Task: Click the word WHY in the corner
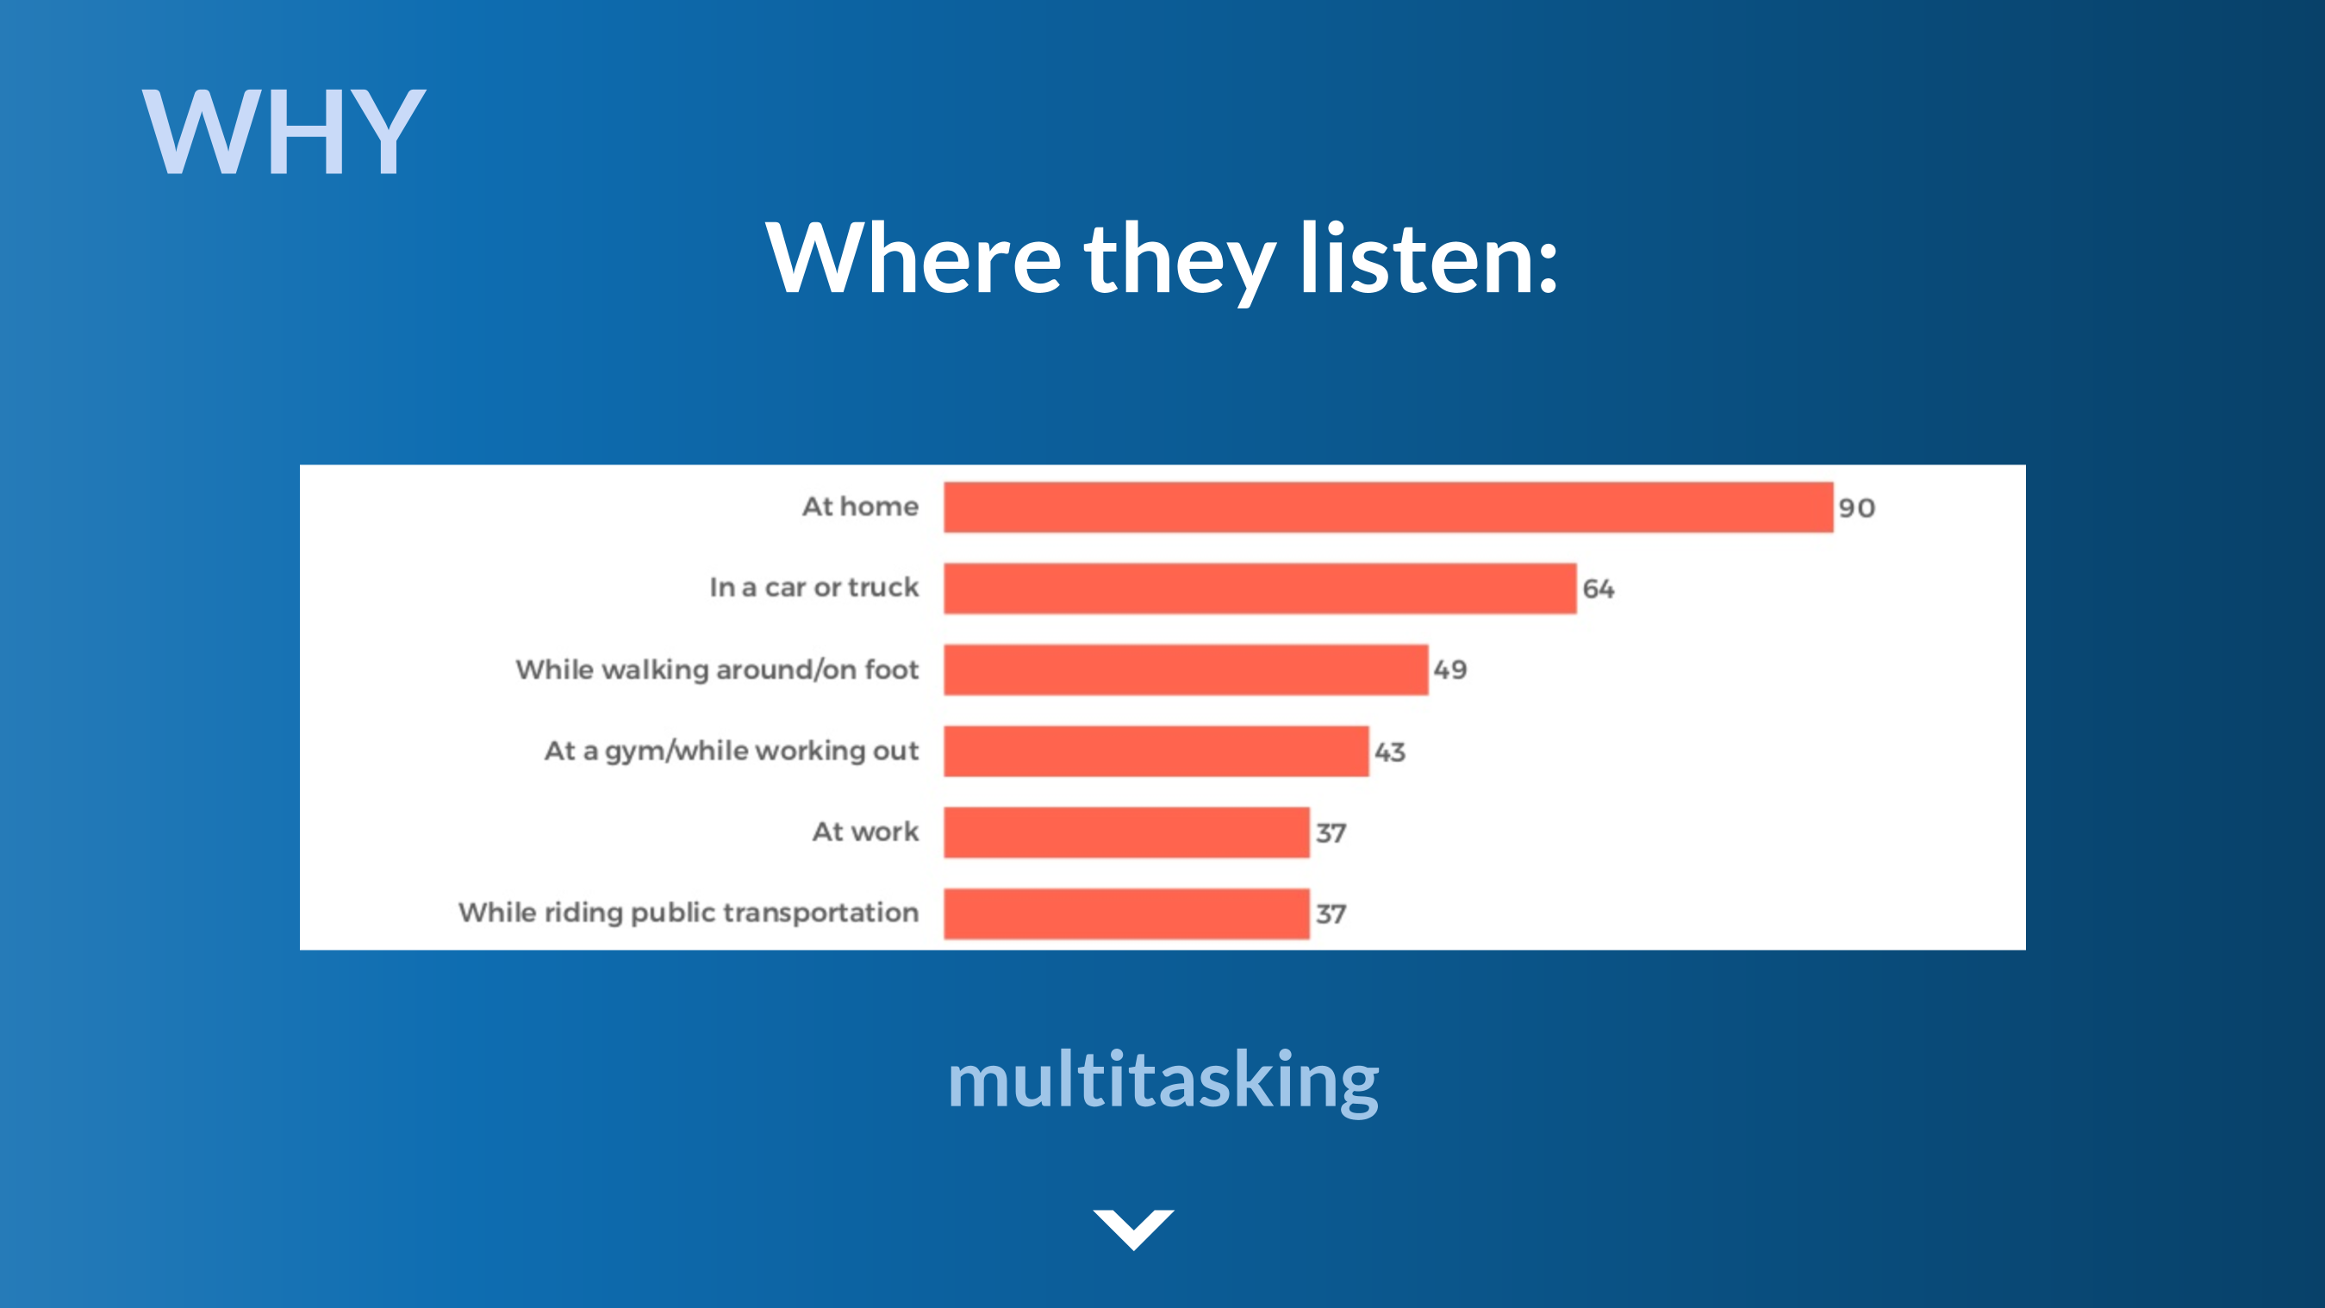(284, 132)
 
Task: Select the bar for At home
(1388, 508)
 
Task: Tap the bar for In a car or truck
(1260, 589)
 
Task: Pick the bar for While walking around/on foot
(1186, 670)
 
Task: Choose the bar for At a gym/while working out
(1156, 751)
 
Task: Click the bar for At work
(1126, 832)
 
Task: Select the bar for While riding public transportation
(1126, 913)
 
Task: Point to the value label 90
(1856, 508)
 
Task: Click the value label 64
(1599, 589)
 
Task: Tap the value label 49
(1450, 670)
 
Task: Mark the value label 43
(1390, 752)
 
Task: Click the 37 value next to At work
(1331, 833)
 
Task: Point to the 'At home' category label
(860, 507)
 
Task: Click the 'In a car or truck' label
(814, 588)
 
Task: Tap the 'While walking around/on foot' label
(718, 670)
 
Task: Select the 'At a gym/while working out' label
(731, 751)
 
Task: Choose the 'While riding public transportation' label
(689, 912)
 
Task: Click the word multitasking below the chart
(1162, 1081)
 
